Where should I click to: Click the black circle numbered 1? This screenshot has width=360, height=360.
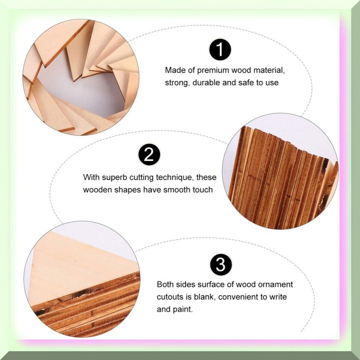pos(220,49)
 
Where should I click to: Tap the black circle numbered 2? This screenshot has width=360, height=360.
pos(149,154)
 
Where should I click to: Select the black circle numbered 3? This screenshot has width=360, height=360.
pos(221,264)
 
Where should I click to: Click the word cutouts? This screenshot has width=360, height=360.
pos(171,297)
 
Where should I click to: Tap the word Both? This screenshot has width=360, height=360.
pos(164,285)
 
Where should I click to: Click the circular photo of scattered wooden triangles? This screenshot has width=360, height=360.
pos(81,77)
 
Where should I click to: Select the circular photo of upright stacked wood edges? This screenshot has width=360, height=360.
pos(280,171)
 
